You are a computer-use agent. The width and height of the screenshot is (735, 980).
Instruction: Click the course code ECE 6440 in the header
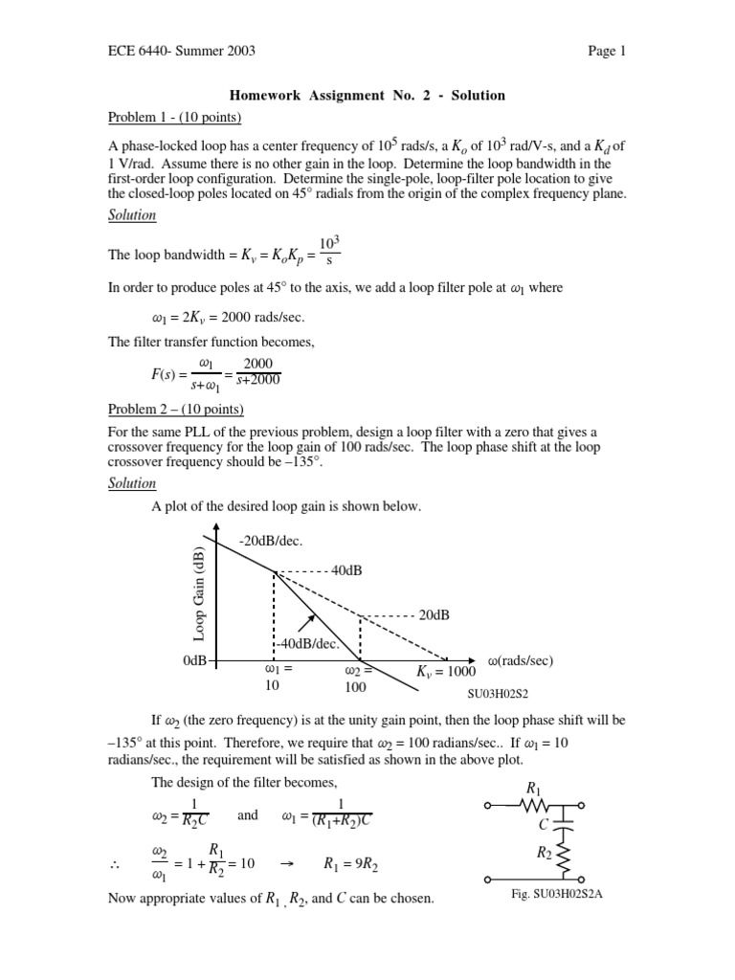(x=133, y=52)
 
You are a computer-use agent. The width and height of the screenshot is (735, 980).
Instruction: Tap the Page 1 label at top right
(x=607, y=52)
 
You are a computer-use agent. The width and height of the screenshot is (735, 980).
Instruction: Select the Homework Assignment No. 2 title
(x=367, y=96)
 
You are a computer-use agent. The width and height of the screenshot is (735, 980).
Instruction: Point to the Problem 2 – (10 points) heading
(x=175, y=410)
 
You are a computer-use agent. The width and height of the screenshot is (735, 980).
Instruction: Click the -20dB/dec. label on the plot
(x=269, y=542)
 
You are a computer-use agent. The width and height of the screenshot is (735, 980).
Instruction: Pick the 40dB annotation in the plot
(x=345, y=571)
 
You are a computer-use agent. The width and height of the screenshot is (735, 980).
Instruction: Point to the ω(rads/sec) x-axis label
(x=520, y=661)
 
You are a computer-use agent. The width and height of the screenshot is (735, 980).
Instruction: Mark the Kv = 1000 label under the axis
(x=446, y=672)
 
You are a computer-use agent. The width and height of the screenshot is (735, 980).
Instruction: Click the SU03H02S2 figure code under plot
(x=499, y=695)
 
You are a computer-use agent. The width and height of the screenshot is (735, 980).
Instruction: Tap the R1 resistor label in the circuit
(x=534, y=788)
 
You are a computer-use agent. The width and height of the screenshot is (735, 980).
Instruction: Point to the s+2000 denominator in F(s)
(x=257, y=380)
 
